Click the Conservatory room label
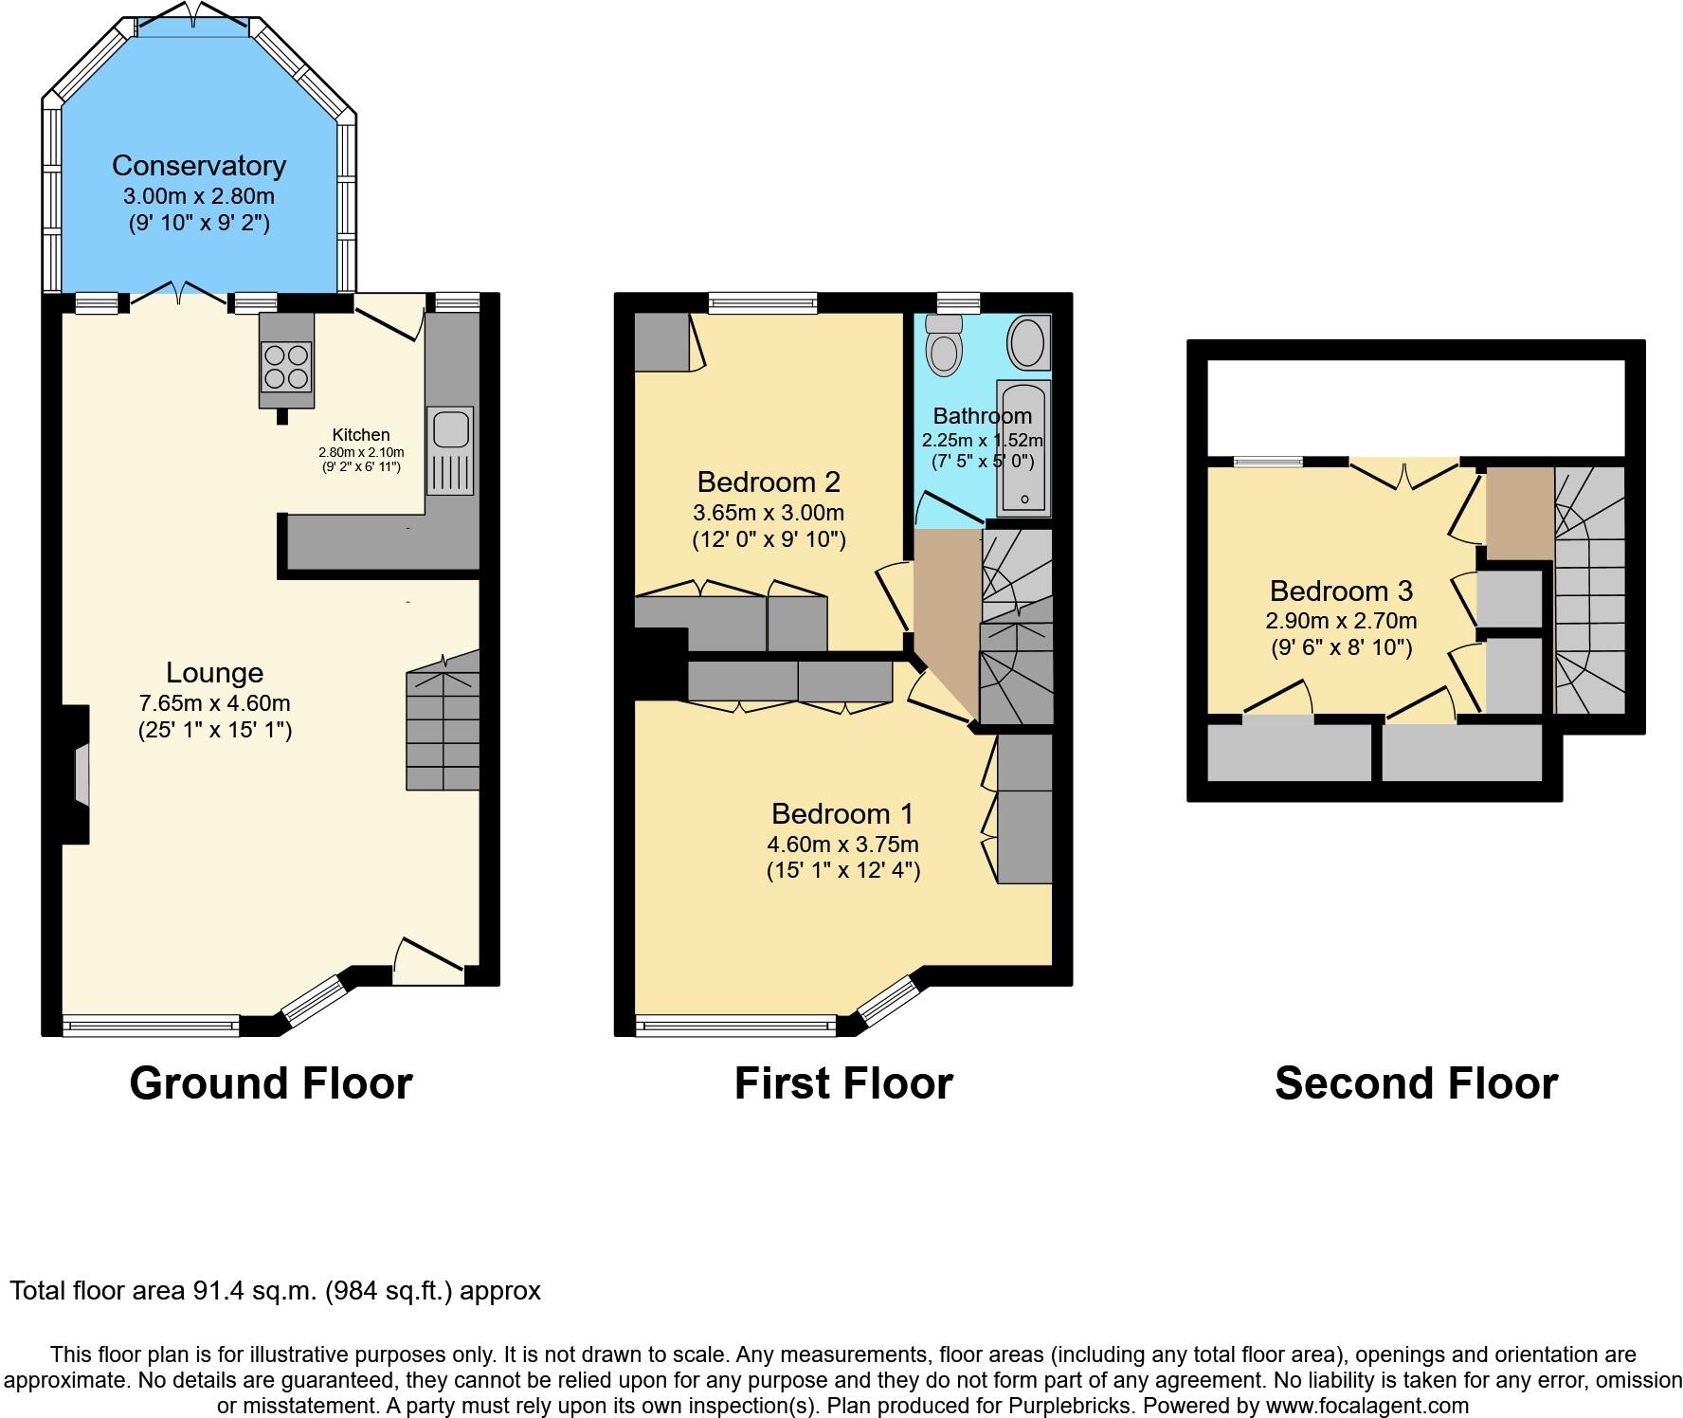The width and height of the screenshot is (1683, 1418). pos(199,165)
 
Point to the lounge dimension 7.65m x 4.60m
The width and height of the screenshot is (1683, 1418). pos(214,703)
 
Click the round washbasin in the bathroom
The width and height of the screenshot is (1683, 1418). pos(1027,343)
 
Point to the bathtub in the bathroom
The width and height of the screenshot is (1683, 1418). pos(1023,445)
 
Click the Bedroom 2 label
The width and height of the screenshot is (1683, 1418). pos(769,482)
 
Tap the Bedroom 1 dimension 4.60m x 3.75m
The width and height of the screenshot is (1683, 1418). pos(842,844)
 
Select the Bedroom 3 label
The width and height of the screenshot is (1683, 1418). pos(1341,591)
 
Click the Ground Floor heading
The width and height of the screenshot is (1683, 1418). pos(271,1082)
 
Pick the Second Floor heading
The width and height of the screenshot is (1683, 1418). pos(1416,1082)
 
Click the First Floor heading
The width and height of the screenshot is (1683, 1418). pos(843,1082)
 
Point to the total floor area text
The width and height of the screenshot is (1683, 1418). pos(275,1290)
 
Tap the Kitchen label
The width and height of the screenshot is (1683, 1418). pos(361,435)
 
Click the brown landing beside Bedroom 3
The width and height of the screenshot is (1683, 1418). pos(1519,512)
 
